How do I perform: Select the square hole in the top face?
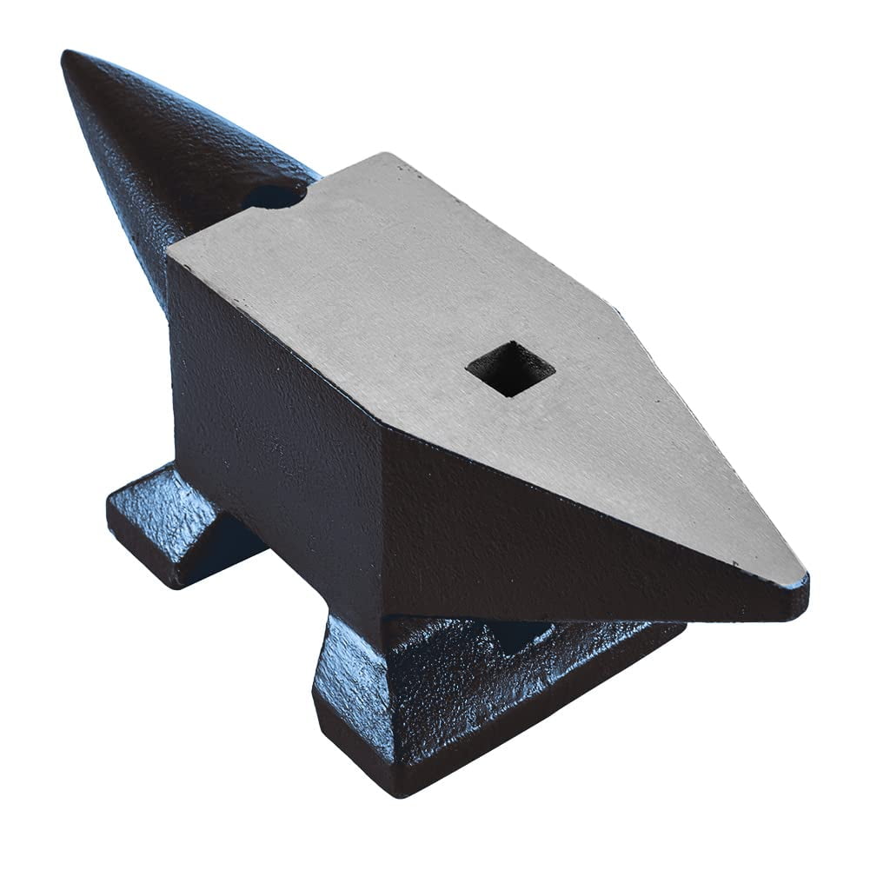(510, 369)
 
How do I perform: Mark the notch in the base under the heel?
(521, 634)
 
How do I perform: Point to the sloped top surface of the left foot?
(165, 495)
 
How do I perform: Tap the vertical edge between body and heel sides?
(382, 521)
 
